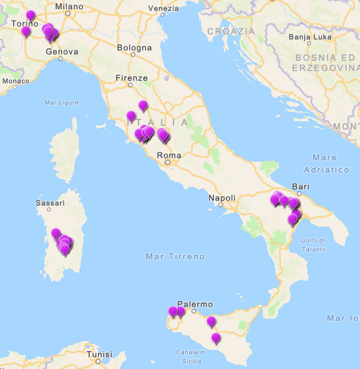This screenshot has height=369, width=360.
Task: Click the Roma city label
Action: pyautogui.click(x=169, y=155)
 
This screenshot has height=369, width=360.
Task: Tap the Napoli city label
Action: pyautogui.click(x=222, y=198)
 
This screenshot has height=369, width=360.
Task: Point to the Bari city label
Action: pyautogui.click(x=300, y=187)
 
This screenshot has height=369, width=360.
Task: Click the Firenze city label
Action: pyautogui.click(x=132, y=78)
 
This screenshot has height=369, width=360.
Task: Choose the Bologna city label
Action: pyautogui.click(x=134, y=48)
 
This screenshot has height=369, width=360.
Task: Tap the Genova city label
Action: pyautogui.click(x=62, y=51)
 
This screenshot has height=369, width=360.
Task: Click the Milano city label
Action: pyautogui.click(x=69, y=7)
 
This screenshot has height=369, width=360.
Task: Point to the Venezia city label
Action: pyautogui.click(x=163, y=9)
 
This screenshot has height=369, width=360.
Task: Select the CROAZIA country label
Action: pyautogui.click(x=230, y=31)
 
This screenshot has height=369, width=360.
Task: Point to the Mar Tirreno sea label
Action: pyautogui.click(x=175, y=256)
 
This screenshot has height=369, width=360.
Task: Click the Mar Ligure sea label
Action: pyautogui.click(x=61, y=103)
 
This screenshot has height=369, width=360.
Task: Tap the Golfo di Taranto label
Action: pyautogui.click(x=312, y=244)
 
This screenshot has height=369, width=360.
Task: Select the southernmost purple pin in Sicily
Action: pyautogui.click(x=216, y=339)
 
